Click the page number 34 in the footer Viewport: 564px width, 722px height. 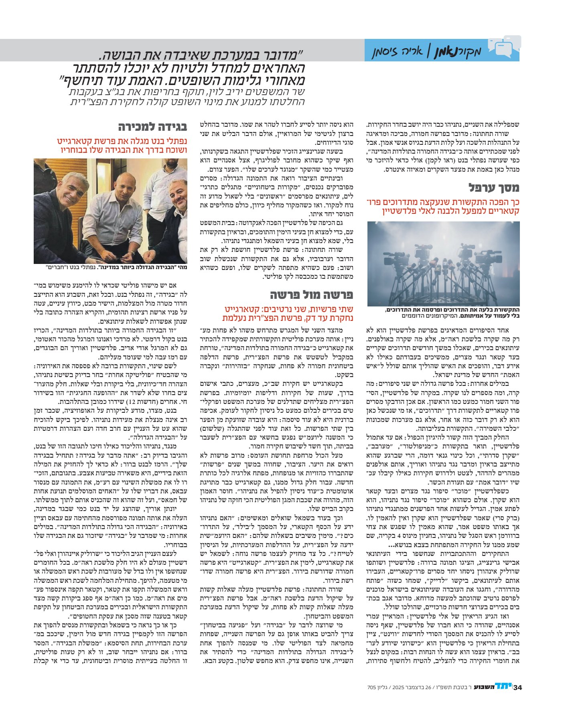tap(517, 687)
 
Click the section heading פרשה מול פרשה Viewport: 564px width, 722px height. tap(311, 295)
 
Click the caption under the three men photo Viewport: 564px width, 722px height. tap(110, 267)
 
